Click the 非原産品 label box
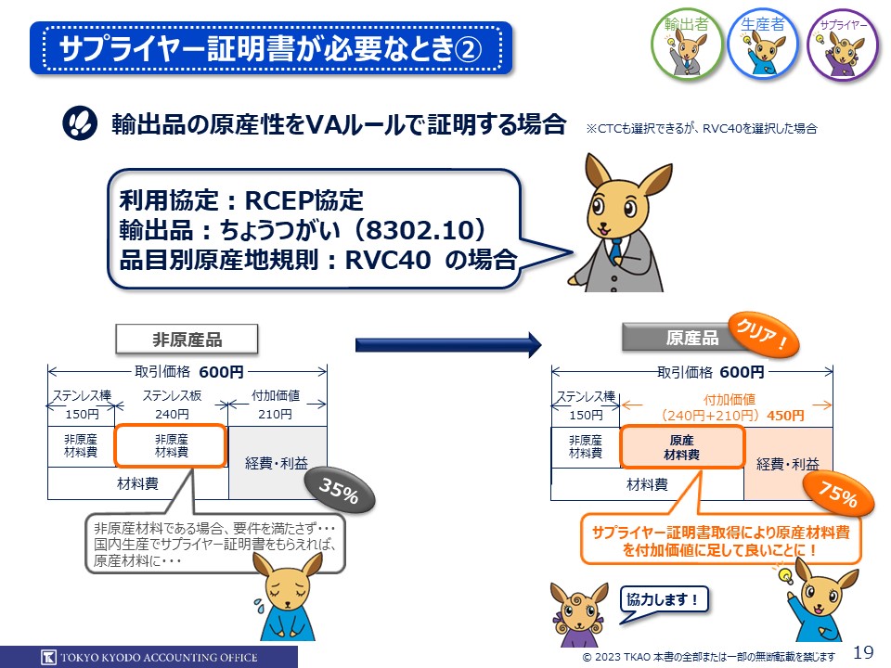[x=187, y=340]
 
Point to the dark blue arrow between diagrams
[x=447, y=345]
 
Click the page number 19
[x=862, y=652]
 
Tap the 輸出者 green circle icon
[x=688, y=45]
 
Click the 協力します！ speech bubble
[x=663, y=599]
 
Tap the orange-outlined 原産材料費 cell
[x=682, y=447]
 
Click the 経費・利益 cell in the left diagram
[x=277, y=463]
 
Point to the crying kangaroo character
[x=282, y=604]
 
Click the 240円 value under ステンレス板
[x=171, y=414]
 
